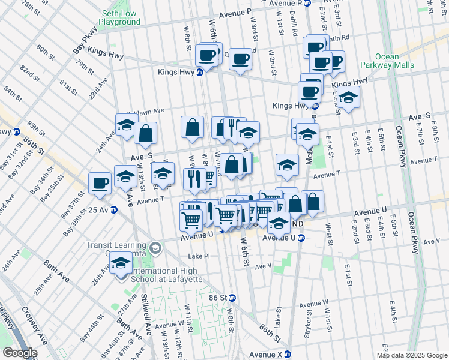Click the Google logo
(19, 353)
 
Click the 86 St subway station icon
(232, 298)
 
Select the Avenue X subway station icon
(288, 353)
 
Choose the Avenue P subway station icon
(307, 3)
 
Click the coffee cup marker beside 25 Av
(100, 183)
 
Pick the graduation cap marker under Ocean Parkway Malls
(348, 97)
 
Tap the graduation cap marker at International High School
(121, 263)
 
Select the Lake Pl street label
(199, 256)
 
